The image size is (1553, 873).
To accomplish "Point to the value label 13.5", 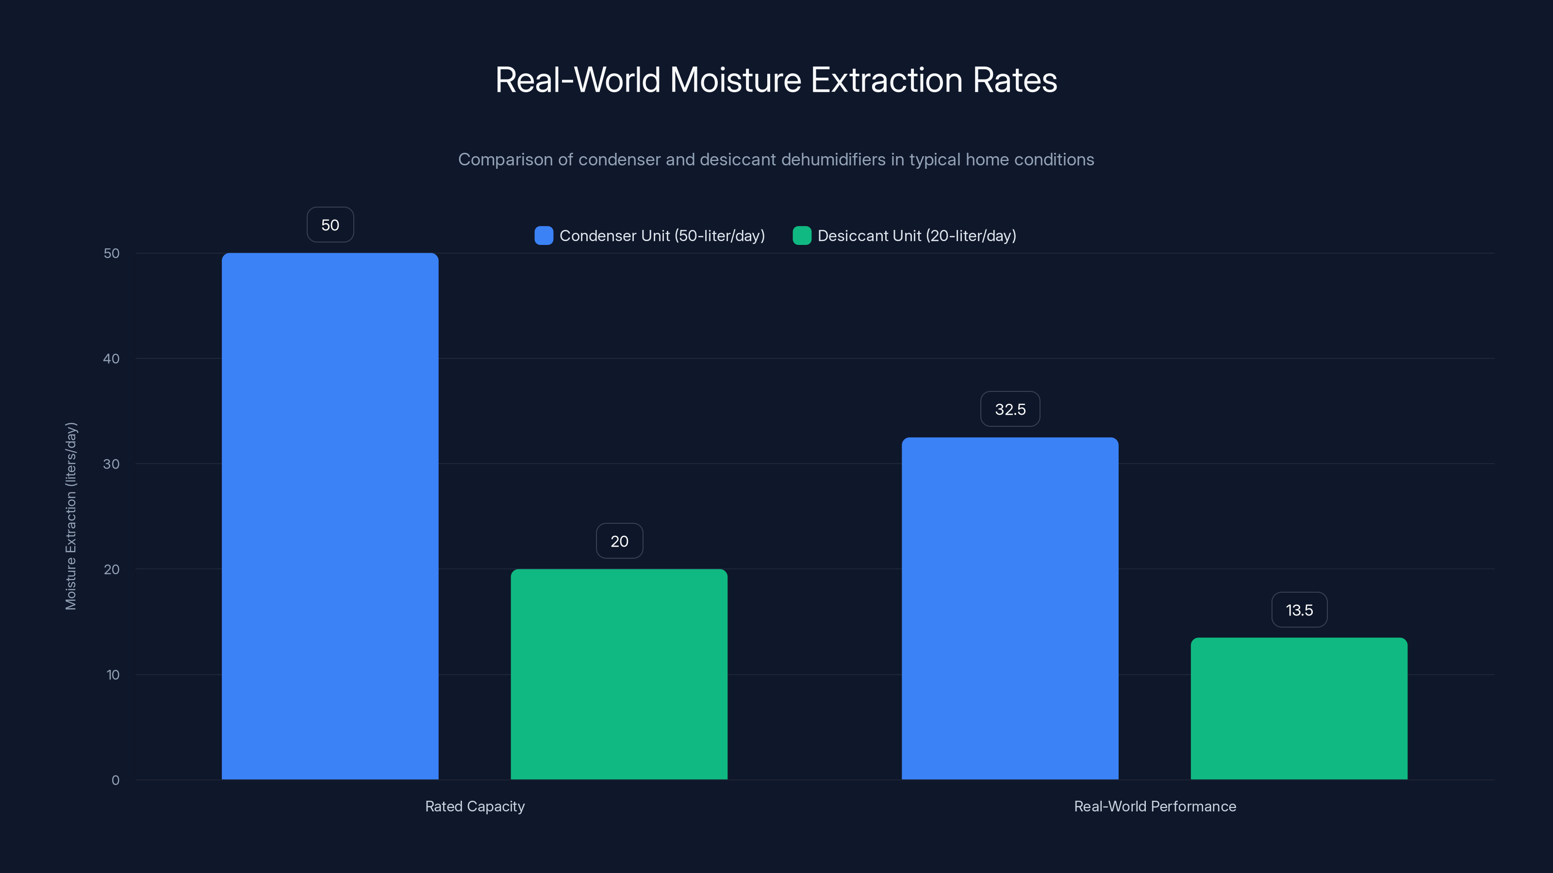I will pos(1299,610).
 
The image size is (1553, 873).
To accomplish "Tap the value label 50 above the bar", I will pos(330,225).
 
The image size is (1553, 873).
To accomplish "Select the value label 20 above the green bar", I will pos(619,541).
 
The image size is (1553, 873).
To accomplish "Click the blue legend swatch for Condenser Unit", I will pos(543,236).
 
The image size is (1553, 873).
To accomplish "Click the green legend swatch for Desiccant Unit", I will pos(801,236).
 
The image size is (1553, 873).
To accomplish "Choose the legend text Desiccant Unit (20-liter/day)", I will pos(916,236).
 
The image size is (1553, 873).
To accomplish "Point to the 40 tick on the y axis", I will pos(112,358).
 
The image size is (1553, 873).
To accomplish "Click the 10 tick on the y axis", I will pos(113,675).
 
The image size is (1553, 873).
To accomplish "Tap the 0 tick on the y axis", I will pos(115,780).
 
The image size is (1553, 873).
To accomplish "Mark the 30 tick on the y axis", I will pos(112,464).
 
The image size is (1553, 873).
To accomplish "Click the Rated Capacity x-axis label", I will pos(475,806).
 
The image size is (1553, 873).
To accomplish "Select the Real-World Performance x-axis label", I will pos(1155,806).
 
